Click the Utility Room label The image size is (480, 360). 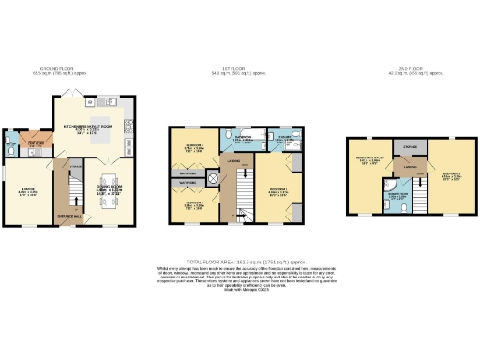point(37,143)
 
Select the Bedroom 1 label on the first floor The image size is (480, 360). point(277,190)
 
